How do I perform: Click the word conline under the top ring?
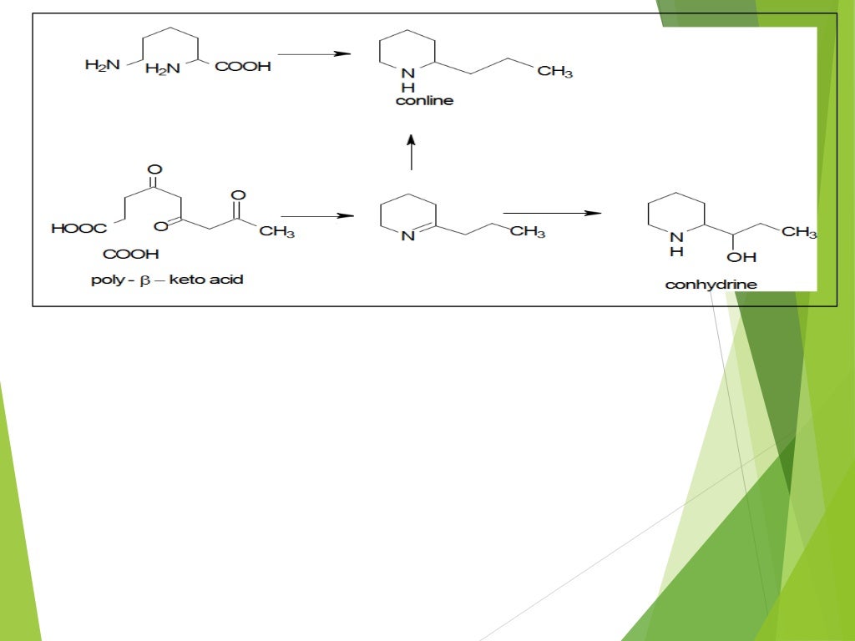(x=424, y=101)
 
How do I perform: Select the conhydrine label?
(x=711, y=285)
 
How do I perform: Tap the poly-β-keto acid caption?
(x=167, y=280)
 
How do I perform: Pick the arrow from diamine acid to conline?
(x=313, y=54)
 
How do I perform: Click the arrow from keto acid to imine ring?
(x=317, y=216)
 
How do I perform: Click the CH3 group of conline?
(x=555, y=72)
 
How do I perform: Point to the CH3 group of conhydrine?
(x=799, y=232)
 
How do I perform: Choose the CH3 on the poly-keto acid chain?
(x=276, y=232)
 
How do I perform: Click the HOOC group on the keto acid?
(x=78, y=228)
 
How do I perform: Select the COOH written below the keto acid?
(x=131, y=254)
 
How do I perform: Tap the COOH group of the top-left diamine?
(x=244, y=67)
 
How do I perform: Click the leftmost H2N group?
(x=103, y=65)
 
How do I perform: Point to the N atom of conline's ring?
(x=407, y=73)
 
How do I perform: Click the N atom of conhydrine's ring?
(x=676, y=237)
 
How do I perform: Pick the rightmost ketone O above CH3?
(x=238, y=195)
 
